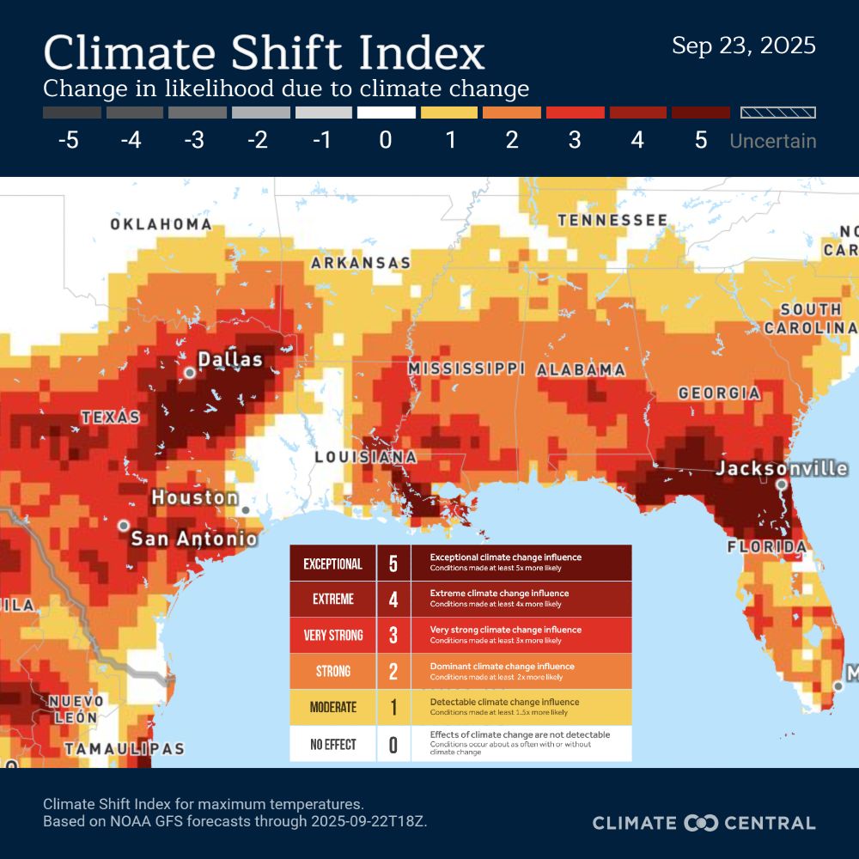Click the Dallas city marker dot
click(190, 372)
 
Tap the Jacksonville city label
click(782, 469)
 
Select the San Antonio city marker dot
click(125, 524)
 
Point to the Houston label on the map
click(195, 497)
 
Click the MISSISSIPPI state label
click(466, 369)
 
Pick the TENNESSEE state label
click(612, 221)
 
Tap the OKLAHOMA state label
click(161, 224)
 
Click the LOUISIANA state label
click(366, 457)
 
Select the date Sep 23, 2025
click(743, 46)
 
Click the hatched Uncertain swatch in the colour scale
click(778, 113)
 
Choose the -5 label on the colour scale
click(69, 140)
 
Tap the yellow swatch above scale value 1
click(448, 113)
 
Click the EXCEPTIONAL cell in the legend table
click(332, 564)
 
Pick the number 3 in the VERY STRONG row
click(393, 636)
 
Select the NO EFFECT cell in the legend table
click(332, 744)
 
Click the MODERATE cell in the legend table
click(332, 707)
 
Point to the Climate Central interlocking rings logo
click(700, 823)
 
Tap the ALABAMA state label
click(582, 369)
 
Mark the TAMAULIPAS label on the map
click(124, 749)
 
